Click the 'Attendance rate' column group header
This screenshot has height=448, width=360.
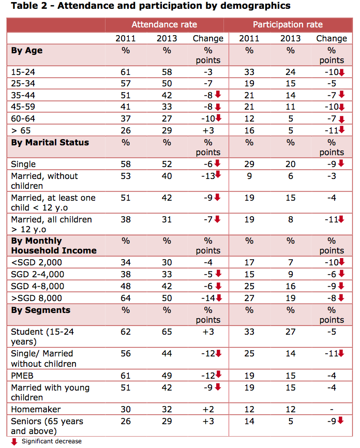pyautogui.click(x=164, y=24)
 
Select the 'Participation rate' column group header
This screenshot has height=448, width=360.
pyautogui.click(x=288, y=24)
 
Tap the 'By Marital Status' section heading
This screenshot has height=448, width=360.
pyautogui.click(x=50, y=142)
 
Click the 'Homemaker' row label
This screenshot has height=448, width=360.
pyautogui.click(x=36, y=409)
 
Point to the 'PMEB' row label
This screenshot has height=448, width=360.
pyautogui.click(x=22, y=376)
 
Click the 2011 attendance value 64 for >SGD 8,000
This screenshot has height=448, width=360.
pyautogui.click(x=126, y=298)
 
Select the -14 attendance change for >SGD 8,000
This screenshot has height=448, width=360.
pyautogui.click(x=208, y=298)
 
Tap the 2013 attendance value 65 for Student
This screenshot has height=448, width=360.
pyautogui.click(x=167, y=332)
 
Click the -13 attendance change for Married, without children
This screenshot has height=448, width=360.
pyautogui.click(x=208, y=176)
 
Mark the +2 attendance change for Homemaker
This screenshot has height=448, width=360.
pyautogui.click(x=208, y=409)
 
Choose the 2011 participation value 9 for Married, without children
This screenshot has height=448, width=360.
pyautogui.click(x=249, y=176)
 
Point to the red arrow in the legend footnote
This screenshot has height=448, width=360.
pyautogui.click(x=14, y=442)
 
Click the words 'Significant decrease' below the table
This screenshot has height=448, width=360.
pyautogui.click(x=52, y=441)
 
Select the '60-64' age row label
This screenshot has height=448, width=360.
pyautogui.click(x=23, y=118)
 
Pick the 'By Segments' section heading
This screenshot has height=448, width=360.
pyautogui.click(x=40, y=310)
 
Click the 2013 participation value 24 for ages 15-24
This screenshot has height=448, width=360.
pyautogui.click(x=291, y=72)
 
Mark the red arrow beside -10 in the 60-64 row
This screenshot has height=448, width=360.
pyautogui.click(x=219, y=118)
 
